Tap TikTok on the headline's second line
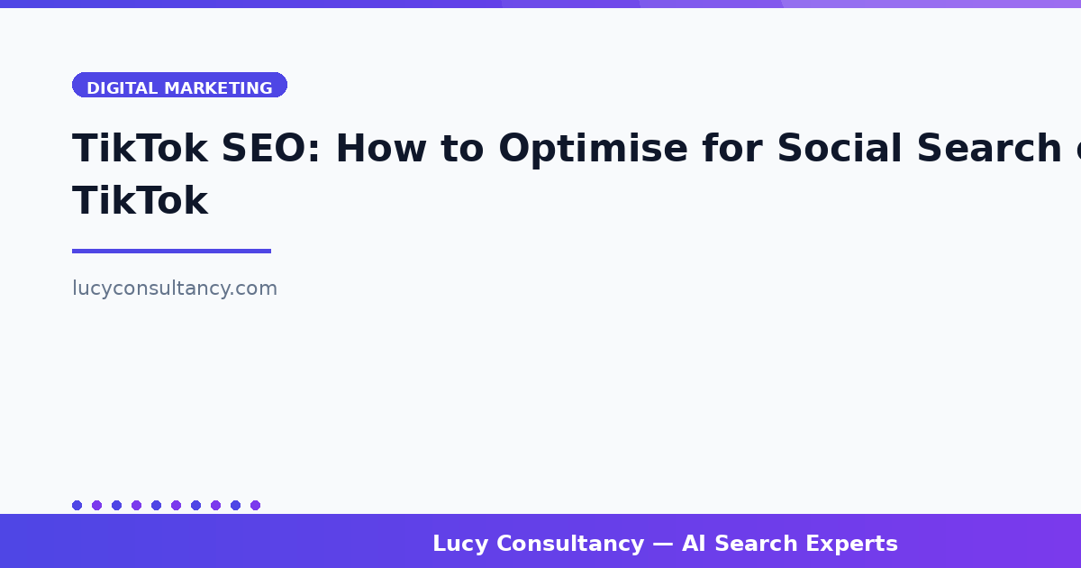[x=140, y=201]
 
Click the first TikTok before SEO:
[x=140, y=149]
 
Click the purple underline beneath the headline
[x=171, y=251]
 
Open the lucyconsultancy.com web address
[x=175, y=289]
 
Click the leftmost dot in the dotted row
[x=77, y=505]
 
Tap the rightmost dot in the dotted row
[x=255, y=505]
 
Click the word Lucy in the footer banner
[x=460, y=544]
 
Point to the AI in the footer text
[x=694, y=544]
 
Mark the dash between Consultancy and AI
[x=663, y=544]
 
